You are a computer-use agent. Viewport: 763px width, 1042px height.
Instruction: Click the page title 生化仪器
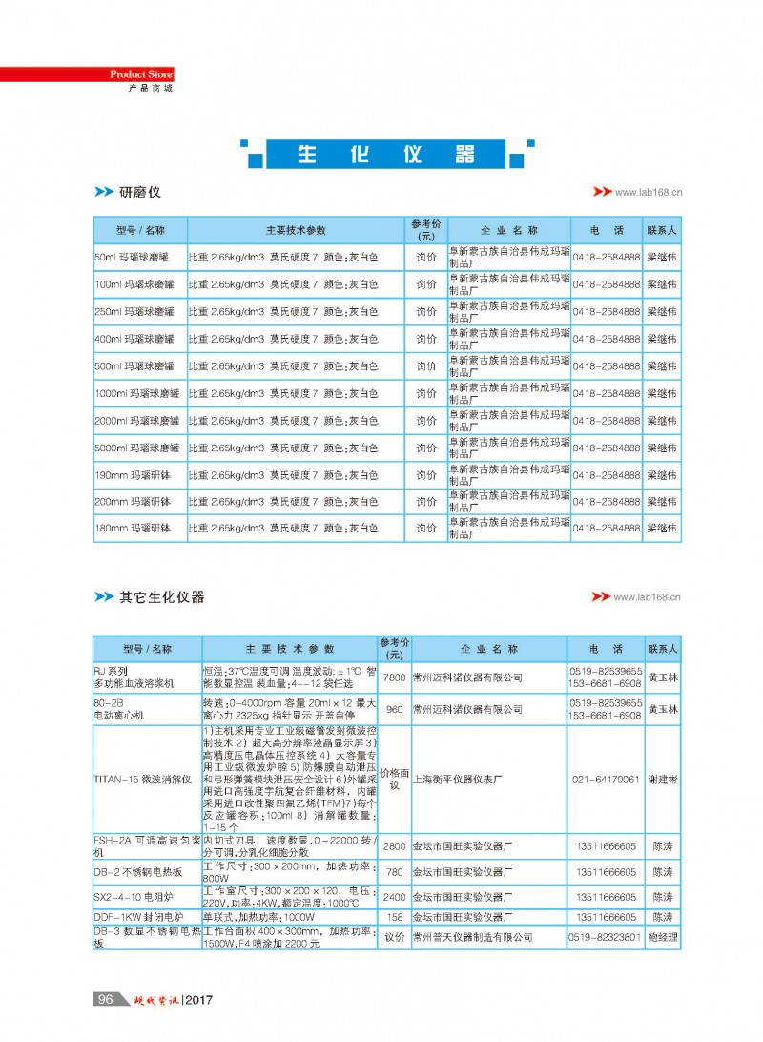(385, 155)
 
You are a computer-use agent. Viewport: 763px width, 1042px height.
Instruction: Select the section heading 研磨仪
(140, 193)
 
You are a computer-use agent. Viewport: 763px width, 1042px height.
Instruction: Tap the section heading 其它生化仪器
(161, 597)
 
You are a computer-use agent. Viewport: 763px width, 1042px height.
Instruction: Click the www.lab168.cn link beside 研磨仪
(649, 192)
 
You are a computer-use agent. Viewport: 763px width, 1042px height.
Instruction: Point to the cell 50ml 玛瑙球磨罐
(131, 258)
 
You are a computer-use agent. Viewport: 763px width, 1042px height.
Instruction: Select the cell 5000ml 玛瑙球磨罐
(136, 448)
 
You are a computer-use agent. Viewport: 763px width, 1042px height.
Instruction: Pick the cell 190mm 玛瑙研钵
(133, 475)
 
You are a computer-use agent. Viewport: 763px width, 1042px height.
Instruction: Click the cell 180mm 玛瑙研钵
(133, 529)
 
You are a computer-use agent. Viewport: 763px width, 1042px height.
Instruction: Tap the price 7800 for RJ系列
(394, 677)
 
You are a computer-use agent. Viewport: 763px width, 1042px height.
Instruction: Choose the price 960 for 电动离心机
(394, 710)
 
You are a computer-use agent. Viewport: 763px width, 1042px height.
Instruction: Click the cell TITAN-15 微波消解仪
(143, 780)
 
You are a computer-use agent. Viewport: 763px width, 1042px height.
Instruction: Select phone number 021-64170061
(606, 780)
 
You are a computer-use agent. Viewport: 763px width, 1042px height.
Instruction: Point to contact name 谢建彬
(663, 780)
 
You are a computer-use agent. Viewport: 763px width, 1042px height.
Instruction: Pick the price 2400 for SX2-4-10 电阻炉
(394, 898)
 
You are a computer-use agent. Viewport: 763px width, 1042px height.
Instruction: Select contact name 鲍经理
(663, 938)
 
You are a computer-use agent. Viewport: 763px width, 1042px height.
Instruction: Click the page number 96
(105, 999)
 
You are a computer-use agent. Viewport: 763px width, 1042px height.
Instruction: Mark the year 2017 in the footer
(197, 1000)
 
